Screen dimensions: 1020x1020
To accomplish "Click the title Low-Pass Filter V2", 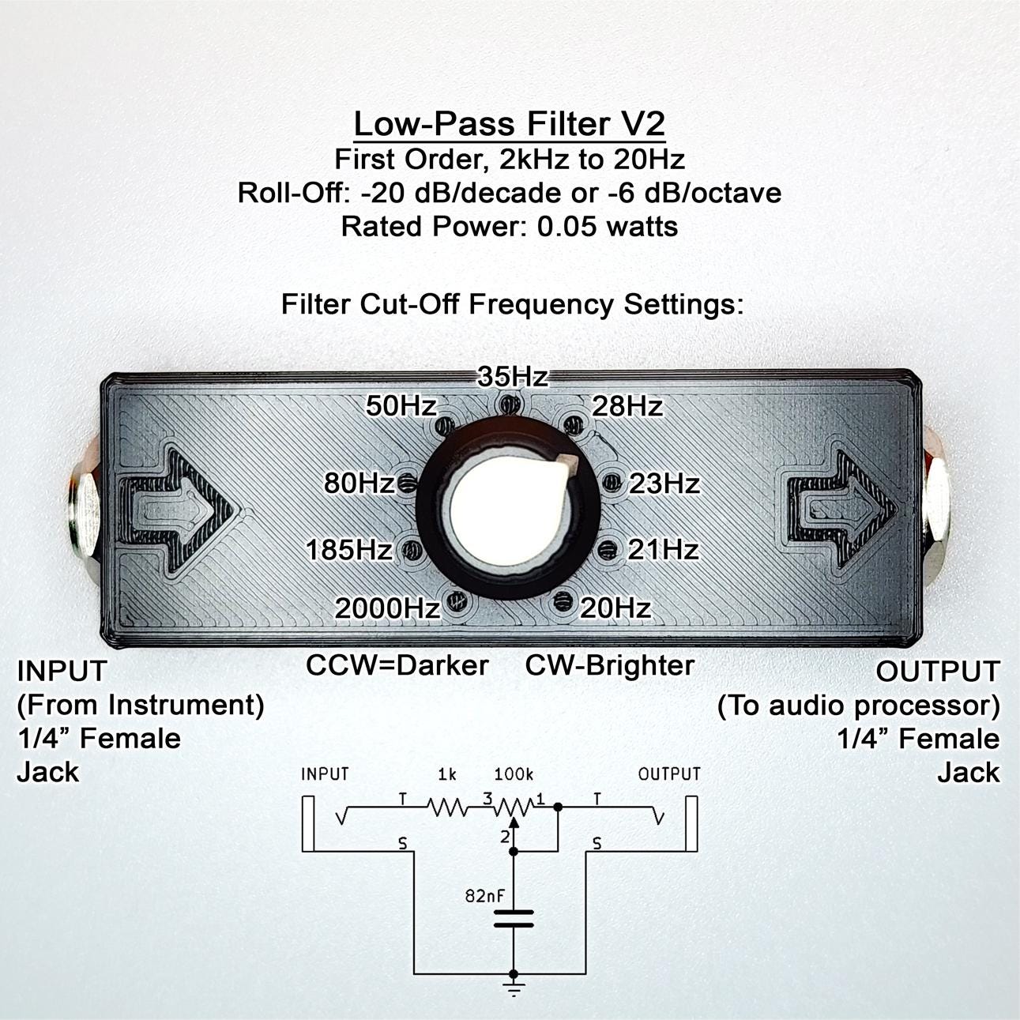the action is click(509, 124).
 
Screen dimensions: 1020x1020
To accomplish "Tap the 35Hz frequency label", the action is click(513, 377).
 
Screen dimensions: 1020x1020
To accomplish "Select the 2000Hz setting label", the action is click(387, 608).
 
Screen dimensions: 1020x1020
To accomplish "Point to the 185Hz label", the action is click(348, 549).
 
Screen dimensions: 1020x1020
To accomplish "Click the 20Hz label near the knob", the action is click(615, 608).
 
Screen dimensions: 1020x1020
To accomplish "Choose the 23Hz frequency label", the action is click(664, 484).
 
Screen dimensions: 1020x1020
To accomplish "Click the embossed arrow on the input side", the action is click(177, 512).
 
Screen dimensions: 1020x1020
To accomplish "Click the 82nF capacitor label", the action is click(485, 896).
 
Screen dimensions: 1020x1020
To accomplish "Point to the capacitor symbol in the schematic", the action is click(513, 918).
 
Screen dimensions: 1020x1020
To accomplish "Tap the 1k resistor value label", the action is click(447, 774).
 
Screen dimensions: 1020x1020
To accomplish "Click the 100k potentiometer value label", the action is click(514, 774).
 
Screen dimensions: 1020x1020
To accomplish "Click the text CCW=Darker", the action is click(397, 665).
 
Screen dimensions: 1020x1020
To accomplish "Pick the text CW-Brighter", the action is click(610, 665).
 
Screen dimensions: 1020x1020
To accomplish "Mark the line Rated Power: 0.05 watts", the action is click(509, 227).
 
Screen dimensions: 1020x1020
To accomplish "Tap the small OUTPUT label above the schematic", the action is click(669, 774).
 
